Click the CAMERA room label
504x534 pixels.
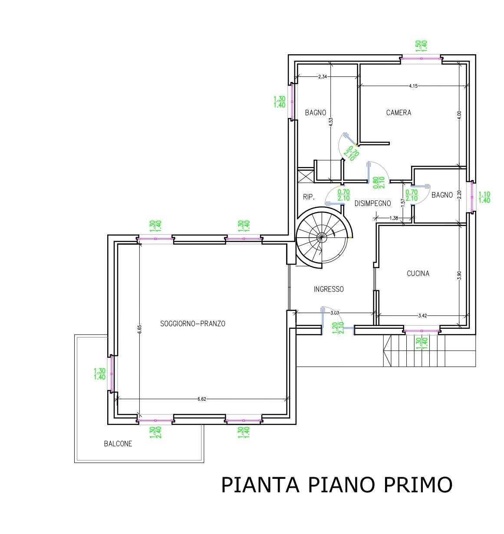[x=399, y=113]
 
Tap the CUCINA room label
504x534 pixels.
[x=418, y=273]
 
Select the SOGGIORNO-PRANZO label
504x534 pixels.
[x=193, y=324]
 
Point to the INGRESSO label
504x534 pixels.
[x=329, y=289]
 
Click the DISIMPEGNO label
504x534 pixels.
[x=372, y=203]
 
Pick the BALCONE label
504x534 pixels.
[x=118, y=444]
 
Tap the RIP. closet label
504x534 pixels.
[x=309, y=197]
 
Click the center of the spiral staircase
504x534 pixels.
[x=321, y=237]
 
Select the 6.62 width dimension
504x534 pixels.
[x=201, y=399]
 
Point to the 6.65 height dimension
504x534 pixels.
[x=139, y=329]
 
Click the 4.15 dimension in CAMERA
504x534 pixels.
[x=413, y=86]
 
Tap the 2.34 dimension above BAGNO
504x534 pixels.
[x=323, y=77]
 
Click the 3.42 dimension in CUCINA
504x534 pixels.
[x=422, y=316]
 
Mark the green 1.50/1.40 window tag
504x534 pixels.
[x=421, y=46]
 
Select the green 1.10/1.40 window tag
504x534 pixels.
[x=484, y=197]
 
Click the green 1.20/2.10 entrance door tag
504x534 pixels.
[x=338, y=328]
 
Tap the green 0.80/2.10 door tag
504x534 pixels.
[x=379, y=182]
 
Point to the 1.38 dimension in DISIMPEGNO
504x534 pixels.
[x=394, y=218]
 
